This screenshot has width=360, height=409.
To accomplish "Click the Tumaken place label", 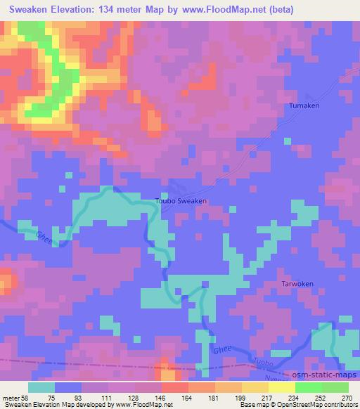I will pos(305,106).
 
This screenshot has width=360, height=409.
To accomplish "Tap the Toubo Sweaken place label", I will pos(180,201).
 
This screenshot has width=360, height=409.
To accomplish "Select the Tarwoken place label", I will pos(297,285).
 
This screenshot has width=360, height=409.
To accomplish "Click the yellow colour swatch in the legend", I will pos(256,387).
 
